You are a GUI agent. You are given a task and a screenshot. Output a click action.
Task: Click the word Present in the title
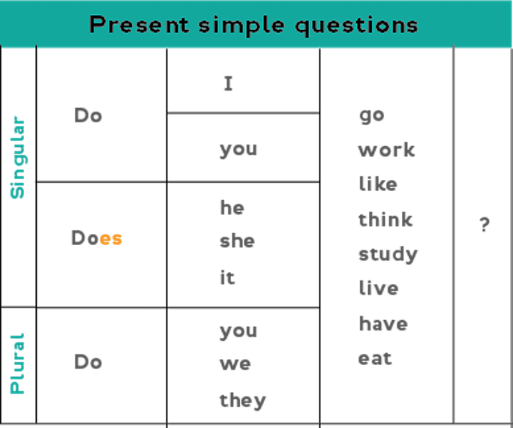point(139,25)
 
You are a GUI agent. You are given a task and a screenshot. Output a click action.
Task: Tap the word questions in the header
point(356,26)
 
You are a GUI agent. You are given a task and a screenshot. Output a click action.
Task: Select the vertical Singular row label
point(18,157)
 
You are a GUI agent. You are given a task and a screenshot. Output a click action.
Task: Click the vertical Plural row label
point(18,364)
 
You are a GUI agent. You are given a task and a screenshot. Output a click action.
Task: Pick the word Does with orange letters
point(97,238)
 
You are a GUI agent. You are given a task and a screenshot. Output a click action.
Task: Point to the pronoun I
point(228,83)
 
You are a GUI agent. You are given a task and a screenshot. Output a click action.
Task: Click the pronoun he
point(232,208)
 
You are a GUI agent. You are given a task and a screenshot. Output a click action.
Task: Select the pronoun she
point(237,241)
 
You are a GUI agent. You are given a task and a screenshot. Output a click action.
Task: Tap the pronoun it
point(227,277)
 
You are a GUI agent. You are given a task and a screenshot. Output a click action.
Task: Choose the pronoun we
point(235,364)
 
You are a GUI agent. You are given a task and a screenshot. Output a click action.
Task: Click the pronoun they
point(243,400)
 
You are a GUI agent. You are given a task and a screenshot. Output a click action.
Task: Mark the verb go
point(372,115)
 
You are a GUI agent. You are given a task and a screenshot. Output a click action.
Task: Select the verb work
point(387,150)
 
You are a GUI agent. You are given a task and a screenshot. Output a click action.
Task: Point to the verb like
point(378,184)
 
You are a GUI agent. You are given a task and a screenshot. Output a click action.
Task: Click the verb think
point(385,219)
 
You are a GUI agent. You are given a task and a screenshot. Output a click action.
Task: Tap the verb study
point(388,254)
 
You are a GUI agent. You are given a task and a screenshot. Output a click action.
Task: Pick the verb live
point(379,288)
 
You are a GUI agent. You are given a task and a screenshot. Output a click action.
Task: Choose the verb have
point(383,323)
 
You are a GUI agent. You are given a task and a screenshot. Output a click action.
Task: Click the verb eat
point(375,358)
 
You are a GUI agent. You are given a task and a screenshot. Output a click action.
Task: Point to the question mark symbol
point(484,224)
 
